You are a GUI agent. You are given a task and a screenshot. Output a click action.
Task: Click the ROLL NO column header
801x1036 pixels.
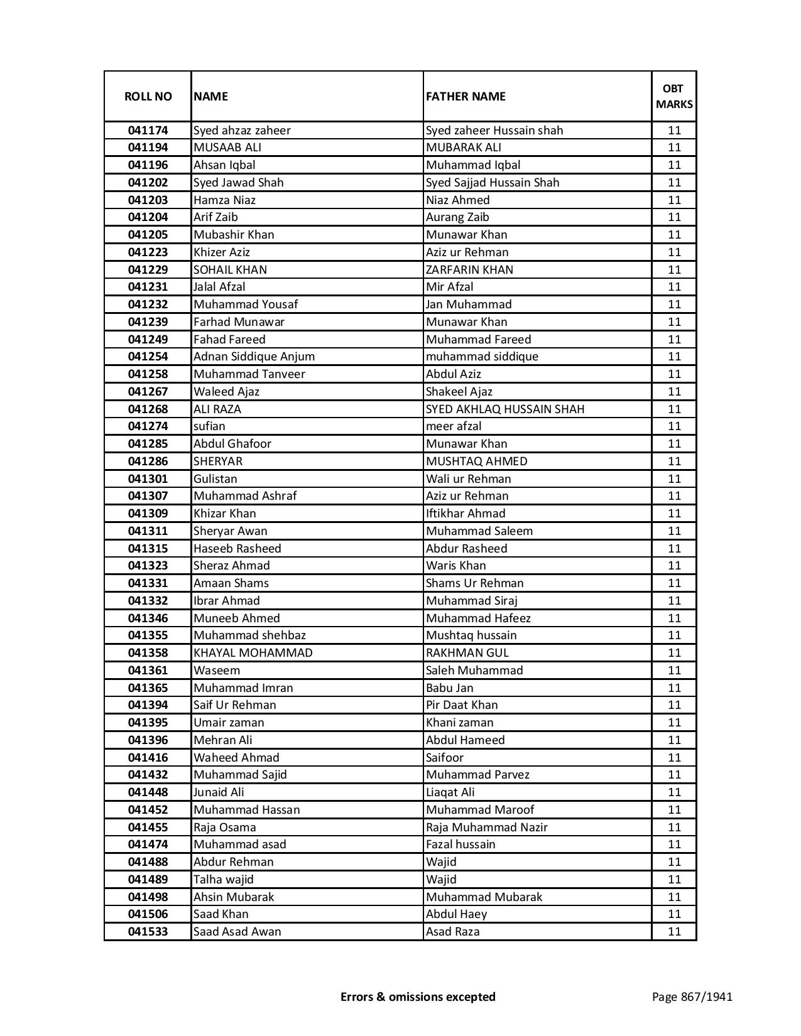pos(148,96)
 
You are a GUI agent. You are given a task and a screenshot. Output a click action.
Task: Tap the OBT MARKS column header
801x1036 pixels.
pos(674,96)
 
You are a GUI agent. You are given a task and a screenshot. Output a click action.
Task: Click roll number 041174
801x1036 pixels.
pos(148,131)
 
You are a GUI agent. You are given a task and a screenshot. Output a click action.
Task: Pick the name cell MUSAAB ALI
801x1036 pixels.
pos(227,148)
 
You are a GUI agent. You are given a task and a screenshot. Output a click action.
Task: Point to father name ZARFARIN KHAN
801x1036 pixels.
pos(469,270)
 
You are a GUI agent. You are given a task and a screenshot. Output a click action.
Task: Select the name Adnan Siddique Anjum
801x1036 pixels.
pos(254,357)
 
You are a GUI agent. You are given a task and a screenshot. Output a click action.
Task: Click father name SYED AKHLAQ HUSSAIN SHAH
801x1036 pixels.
pos(505,409)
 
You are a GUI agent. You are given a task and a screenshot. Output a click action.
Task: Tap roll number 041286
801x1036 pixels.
pos(148,461)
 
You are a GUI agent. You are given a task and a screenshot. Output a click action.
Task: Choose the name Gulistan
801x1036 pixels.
pos(215,479)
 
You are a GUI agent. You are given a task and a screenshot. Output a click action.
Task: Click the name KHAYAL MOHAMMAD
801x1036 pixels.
pos(253,653)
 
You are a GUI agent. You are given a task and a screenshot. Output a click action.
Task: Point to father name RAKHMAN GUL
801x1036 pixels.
pos(467,653)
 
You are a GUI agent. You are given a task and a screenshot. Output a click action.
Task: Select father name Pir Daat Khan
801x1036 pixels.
pos(462,705)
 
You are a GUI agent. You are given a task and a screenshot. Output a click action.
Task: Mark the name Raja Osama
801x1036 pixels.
pos(224,828)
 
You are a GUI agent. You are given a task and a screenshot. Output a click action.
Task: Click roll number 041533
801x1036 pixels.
pos(148,932)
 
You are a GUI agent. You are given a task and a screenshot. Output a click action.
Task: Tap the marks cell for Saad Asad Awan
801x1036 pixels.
pos(674,932)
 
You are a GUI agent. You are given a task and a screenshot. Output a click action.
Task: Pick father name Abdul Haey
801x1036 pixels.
pos(456,914)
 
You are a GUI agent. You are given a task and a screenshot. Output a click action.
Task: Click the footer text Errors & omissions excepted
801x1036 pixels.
pos(418,996)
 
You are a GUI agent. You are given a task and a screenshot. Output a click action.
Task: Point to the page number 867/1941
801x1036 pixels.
pos(692,996)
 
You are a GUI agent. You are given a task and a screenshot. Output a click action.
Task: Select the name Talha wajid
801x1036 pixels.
pos(223,880)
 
